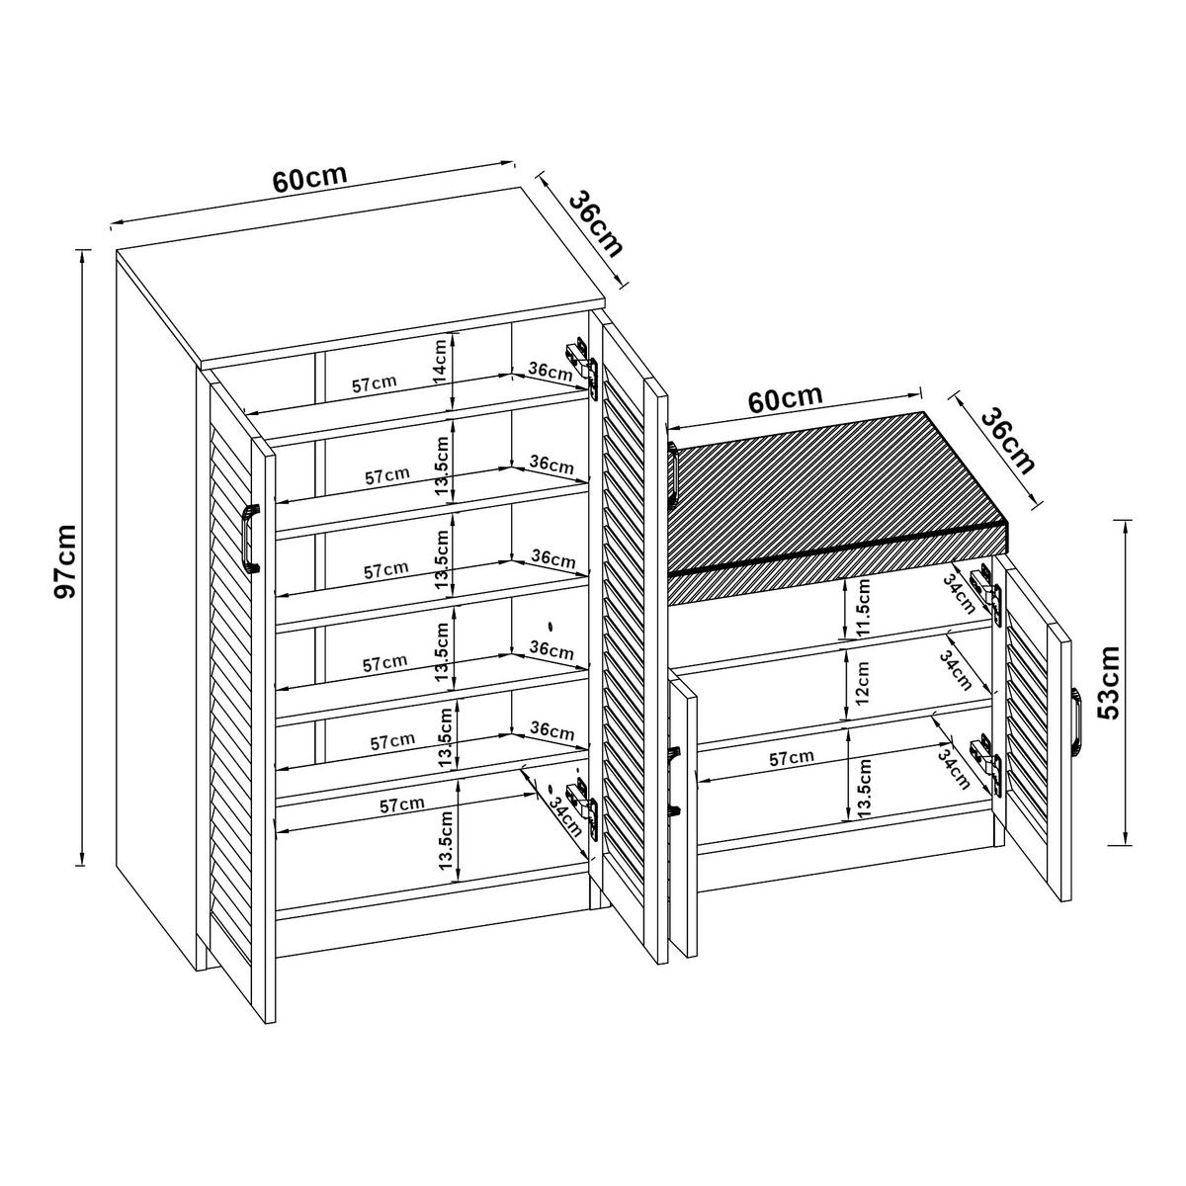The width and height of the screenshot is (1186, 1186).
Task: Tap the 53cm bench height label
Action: pyautogui.click(x=1108, y=682)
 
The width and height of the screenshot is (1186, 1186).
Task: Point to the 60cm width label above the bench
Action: pyautogui.click(x=785, y=399)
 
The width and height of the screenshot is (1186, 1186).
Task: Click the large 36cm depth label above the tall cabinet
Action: pyautogui.click(x=597, y=222)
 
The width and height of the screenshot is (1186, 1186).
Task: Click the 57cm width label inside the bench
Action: pyautogui.click(x=791, y=758)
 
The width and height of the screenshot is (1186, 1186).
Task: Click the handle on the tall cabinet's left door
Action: pyautogui.click(x=250, y=538)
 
